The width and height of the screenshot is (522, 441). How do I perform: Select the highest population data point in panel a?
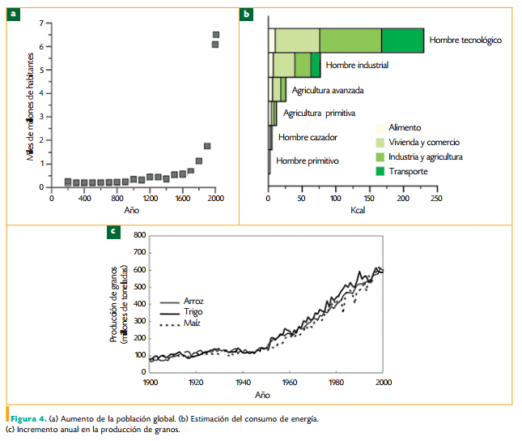coord(216,35)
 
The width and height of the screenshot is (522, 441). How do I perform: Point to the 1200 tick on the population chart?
coord(150,197)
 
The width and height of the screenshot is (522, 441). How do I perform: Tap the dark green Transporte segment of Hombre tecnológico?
coord(402,40)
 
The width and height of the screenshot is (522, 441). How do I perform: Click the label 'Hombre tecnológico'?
coord(466,40)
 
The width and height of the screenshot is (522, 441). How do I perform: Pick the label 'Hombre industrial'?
coord(356,65)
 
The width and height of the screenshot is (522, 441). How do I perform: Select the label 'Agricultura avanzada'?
coord(328,90)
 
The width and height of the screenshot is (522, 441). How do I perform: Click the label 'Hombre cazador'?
coord(308,137)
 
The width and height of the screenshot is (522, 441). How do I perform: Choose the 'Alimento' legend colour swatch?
coord(379,127)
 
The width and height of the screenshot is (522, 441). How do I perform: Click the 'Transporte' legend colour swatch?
coord(379,171)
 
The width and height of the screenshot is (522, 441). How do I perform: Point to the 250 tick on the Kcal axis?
coord(436,197)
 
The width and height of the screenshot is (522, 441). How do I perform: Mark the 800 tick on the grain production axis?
coord(139,235)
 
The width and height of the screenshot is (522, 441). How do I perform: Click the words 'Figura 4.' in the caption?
coord(28,418)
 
